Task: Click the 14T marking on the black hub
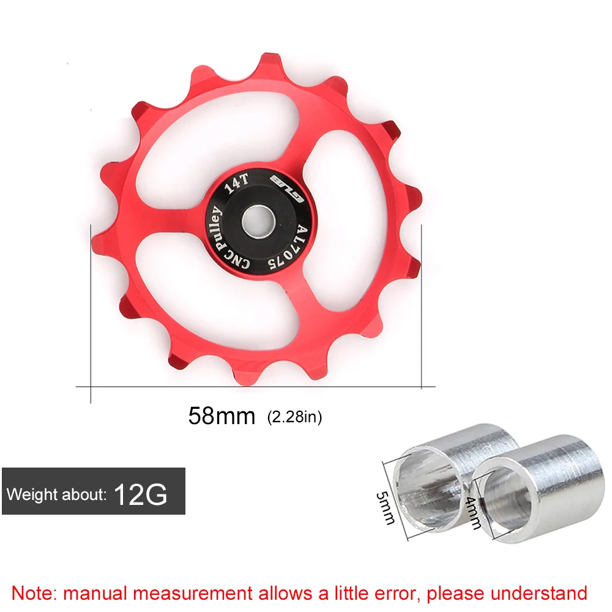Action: click(236, 184)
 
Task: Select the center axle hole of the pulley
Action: click(258, 222)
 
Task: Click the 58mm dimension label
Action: click(222, 416)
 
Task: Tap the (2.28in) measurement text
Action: click(295, 417)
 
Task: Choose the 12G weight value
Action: click(141, 494)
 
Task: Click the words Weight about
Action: click(56, 494)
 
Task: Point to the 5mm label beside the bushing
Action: click(386, 508)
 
